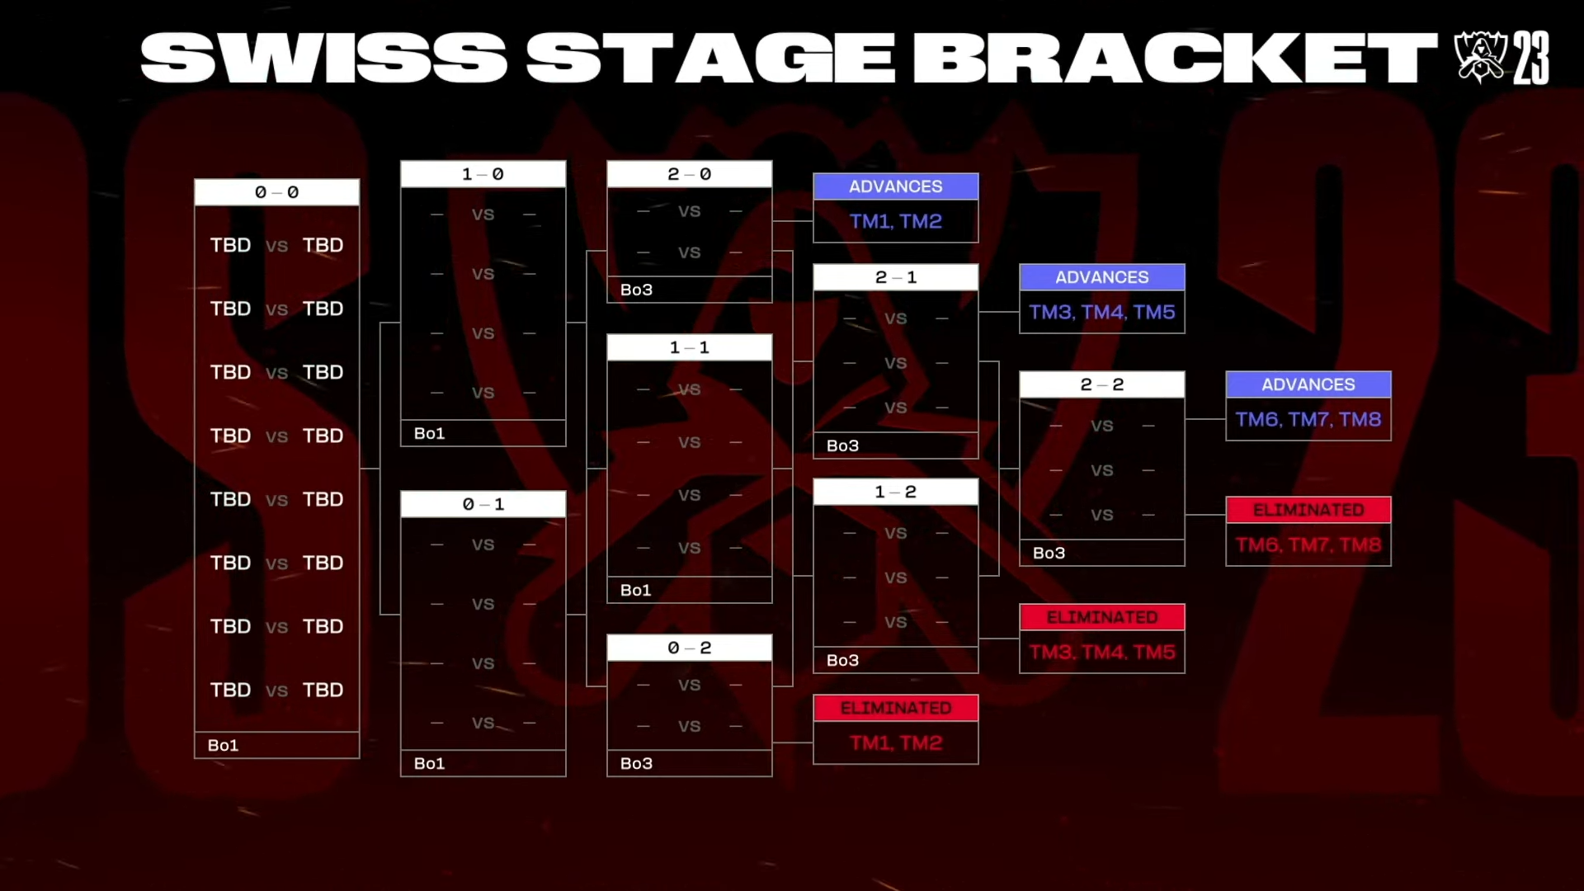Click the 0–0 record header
(277, 192)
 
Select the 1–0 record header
(483, 174)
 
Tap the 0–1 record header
(483, 504)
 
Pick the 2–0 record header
(690, 174)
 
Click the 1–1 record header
(690, 347)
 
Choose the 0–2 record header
(690, 648)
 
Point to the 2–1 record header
(896, 277)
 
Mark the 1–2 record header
(896, 492)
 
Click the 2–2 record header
(1102, 384)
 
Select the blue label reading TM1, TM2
(896, 221)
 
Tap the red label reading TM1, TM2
(896, 742)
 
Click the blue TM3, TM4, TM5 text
(1102, 312)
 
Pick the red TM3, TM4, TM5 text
(1102, 652)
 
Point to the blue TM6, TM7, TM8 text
(1308, 419)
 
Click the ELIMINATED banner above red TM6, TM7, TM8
(1308, 510)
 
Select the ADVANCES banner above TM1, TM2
(896, 186)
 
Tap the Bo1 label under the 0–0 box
(223, 745)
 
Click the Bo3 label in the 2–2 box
(1049, 553)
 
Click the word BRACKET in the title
(1175, 58)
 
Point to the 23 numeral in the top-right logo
(1531, 58)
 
